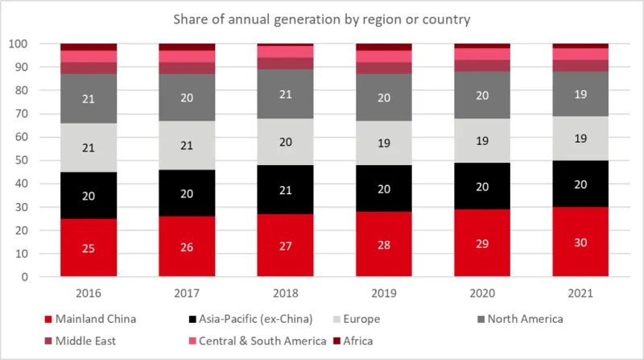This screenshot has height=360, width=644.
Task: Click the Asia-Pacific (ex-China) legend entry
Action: (x=246, y=318)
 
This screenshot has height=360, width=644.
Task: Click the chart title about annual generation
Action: (x=322, y=17)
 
